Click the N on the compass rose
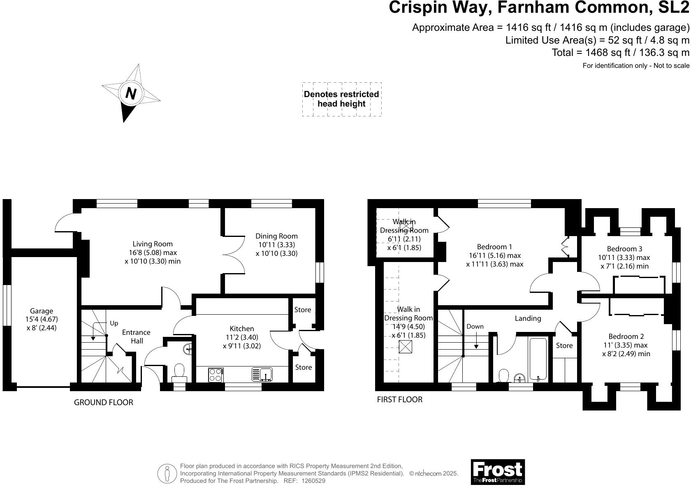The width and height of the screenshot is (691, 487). pyautogui.click(x=131, y=93)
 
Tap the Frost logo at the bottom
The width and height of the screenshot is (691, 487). pyautogui.click(x=498, y=472)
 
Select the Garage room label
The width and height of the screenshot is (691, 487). pyautogui.click(x=42, y=311)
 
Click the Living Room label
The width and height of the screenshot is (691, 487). pyautogui.click(x=153, y=244)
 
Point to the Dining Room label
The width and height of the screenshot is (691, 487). pyautogui.click(x=277, y=236)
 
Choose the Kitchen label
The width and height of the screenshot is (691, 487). pyautogui.click(x=242, y=329)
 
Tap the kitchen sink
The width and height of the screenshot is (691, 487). pyautogui.click(x=262, y=374)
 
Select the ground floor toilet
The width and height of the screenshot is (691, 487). pyautogui.click(x=179, y=373)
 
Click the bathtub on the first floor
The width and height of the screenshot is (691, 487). pyautogui.click(x=538, y=359)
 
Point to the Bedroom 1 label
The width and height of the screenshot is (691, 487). pyautogui.click(x=494, y=247)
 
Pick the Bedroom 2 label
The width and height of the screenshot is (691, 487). pyautogui.click(x=626, y=336)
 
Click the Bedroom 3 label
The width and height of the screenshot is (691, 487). pyautogui.click(x=625, y=249)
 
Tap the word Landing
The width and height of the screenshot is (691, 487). pyautogui.click(x=528, y=318)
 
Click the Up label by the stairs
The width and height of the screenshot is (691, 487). pyautogui.click(x=114, y=323)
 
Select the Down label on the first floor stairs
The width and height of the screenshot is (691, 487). pyautogui.click(x=475, y=326)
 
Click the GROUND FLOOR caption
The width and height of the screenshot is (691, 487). pyautogui.click(x=104, y=403)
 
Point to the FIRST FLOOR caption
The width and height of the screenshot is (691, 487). pyautogui.click(x=400, y=400)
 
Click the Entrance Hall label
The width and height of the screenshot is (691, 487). pyautogui.click(x=137, y=336)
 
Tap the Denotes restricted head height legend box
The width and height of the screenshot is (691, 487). pyautogui.click(x=342, y=99)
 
